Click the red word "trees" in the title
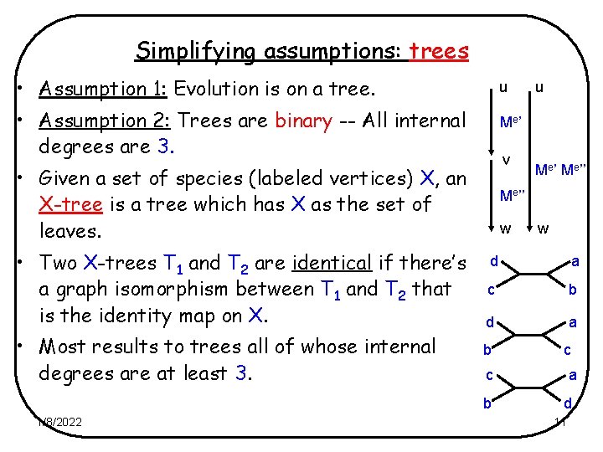click(438, 51)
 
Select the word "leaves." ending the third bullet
click(74, 230)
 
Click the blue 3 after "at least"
click(240, 372)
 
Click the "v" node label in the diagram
click(505, 158)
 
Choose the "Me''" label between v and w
click(512, 195)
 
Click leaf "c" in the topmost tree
click(492, 290)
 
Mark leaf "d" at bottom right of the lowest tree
click(567, 404)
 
